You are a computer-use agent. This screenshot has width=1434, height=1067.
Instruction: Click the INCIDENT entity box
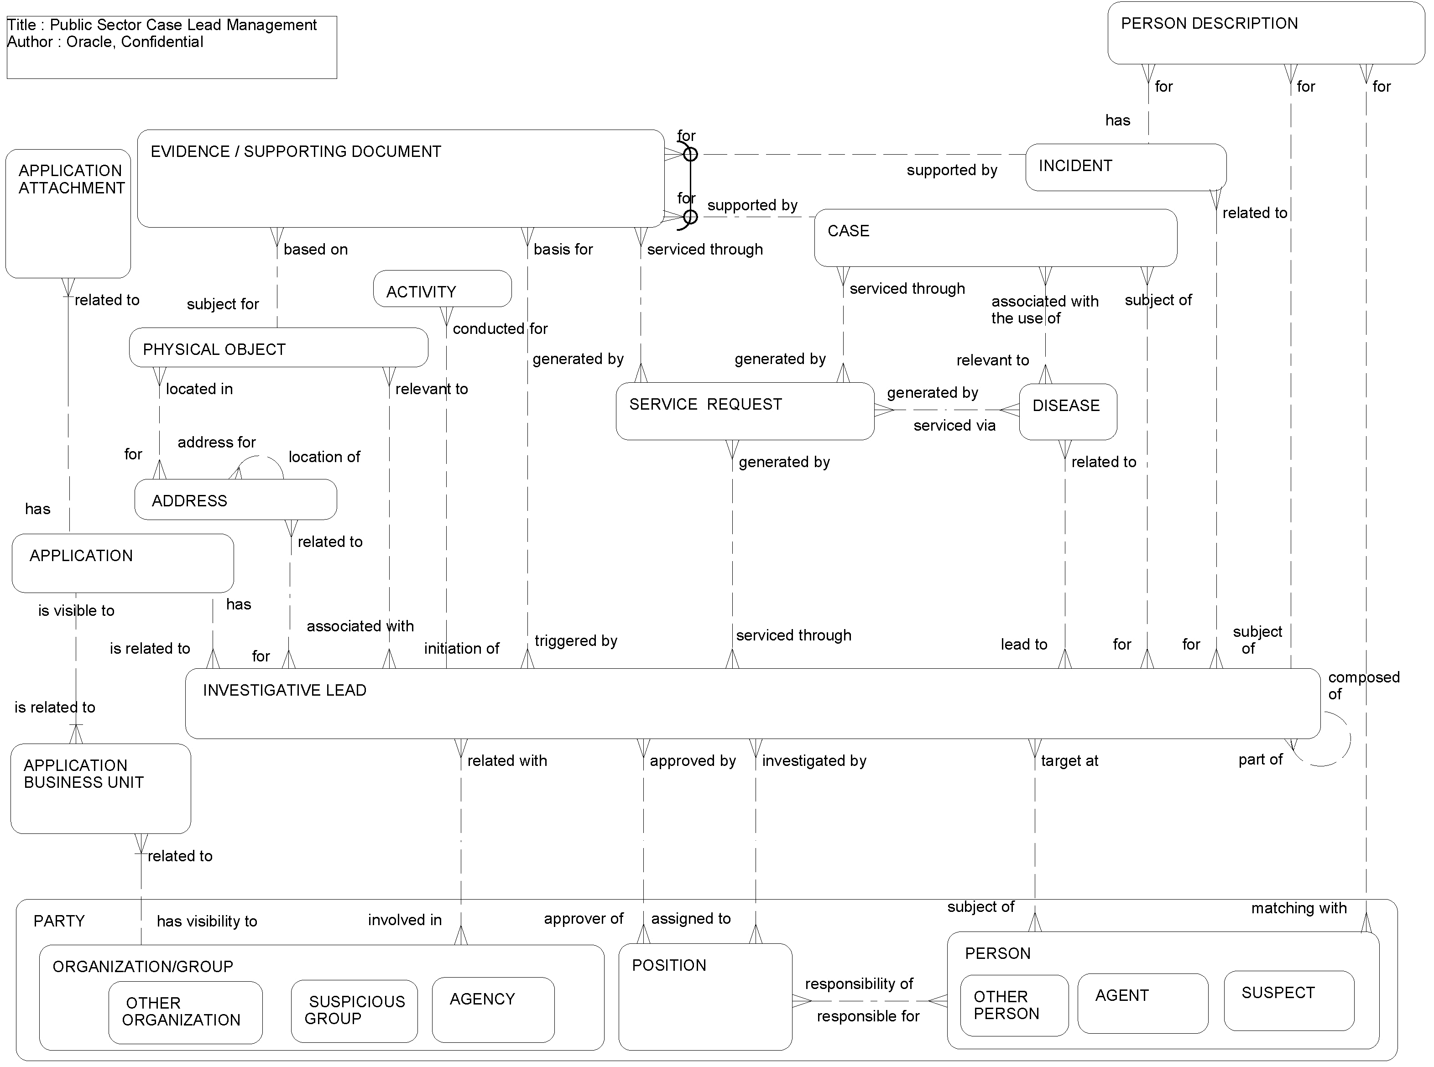(1125, 167)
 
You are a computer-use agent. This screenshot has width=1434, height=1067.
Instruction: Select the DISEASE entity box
(1067, 411)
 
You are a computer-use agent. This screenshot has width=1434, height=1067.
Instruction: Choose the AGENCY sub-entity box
(492, 1010)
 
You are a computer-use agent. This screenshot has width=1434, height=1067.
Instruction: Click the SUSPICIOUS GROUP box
(354, 1011)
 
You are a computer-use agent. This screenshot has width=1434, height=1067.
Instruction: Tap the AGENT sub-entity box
(1142, 1003)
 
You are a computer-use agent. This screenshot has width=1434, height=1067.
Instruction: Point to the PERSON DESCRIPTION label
(1209, 24)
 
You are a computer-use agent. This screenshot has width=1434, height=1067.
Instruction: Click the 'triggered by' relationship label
(575, 641)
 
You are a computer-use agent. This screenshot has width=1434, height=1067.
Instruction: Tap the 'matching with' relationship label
(1298, 908)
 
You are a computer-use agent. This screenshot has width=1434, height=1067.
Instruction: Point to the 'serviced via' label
(954, 426)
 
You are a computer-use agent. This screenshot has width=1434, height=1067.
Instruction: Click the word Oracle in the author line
(90, 42)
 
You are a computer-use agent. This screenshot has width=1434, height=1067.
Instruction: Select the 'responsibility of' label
(859, 984)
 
